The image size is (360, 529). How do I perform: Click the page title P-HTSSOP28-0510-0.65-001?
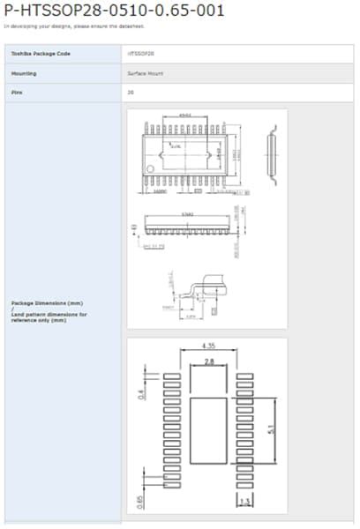(x=114, y=11)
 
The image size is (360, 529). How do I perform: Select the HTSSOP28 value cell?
(x=142, y=54)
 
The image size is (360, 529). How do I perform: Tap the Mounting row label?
(x=24, y=73)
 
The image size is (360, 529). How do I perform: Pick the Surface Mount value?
(x=146, y=73)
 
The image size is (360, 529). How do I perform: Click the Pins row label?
(x=16, y=92)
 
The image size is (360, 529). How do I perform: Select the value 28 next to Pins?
(x=131, y=92)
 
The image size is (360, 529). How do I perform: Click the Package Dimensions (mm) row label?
(x=47, y=302)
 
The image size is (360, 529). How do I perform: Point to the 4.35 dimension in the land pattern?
(x=209, y=346)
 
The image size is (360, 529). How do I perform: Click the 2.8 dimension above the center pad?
(x=208, y=361)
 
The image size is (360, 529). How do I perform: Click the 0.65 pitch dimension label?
(x=141, y=503)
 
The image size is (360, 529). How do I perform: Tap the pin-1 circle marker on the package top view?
(x=151, y=168)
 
